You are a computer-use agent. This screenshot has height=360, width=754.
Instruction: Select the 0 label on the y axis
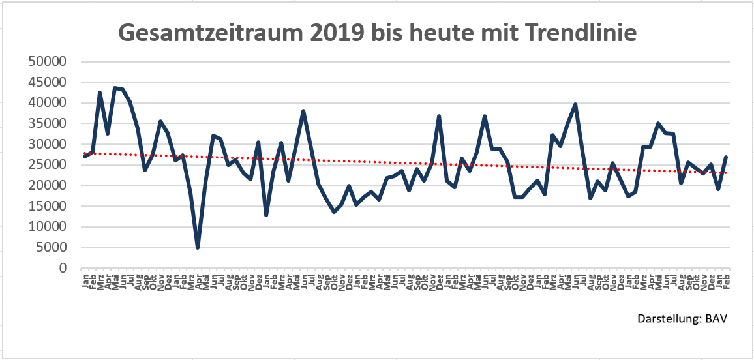point(63,268)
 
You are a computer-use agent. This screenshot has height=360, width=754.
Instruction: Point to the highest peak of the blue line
point(115,88)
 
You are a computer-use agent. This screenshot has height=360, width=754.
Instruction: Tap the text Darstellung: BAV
point(682,319)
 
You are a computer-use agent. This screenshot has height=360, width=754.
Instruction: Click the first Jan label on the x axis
point(85,282)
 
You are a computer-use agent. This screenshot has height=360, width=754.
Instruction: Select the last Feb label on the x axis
point(726,282)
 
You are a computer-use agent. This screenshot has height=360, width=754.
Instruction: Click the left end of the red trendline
point(84,153)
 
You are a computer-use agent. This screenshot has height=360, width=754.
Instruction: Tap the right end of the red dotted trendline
point(726,173)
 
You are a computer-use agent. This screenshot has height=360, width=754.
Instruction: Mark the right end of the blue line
point(726,157)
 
